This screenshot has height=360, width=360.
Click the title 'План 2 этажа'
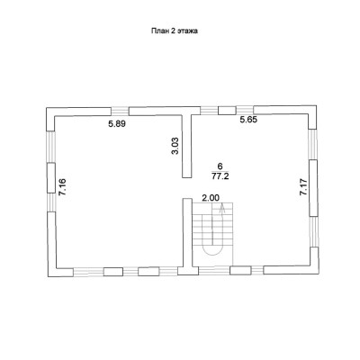point(175,31)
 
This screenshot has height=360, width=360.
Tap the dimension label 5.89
point(117,123)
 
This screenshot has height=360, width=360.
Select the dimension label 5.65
point(248,120)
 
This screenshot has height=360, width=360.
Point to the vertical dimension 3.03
point(175,146)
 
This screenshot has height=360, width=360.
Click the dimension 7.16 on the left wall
point(63,187)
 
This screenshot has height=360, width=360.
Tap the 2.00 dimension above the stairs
point(211,198)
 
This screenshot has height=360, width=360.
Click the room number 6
point(220,166)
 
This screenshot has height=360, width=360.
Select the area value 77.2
point(220,176)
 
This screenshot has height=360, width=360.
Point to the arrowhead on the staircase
point(222,206)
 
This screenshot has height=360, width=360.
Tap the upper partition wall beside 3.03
point(186,146)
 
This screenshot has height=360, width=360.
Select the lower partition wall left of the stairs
point(188,233)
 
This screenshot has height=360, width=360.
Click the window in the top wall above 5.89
point(120,112)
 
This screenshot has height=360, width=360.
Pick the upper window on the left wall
point(51,147)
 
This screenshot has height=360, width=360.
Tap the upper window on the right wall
point(313,145)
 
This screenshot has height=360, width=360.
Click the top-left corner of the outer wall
point(46,108)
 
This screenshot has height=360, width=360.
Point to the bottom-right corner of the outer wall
point(319,274)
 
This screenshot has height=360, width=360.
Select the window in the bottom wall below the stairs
point(214,271)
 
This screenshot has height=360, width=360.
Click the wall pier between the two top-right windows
point(227,111)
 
